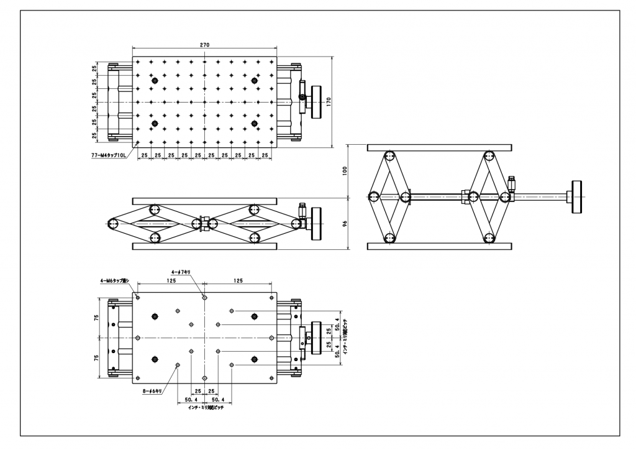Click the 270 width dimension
(204, 45)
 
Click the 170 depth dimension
(338, 102)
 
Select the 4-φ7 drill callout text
(184, 272)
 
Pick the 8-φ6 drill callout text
(152, 392)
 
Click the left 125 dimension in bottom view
(171, 281)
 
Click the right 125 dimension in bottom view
(238, 281)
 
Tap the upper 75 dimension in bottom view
(96, 316)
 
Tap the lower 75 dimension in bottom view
(96, 357)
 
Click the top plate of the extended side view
(440, 147)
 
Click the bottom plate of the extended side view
(440, 246)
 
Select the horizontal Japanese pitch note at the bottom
(206, 408)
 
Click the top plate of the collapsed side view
(204, 200)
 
